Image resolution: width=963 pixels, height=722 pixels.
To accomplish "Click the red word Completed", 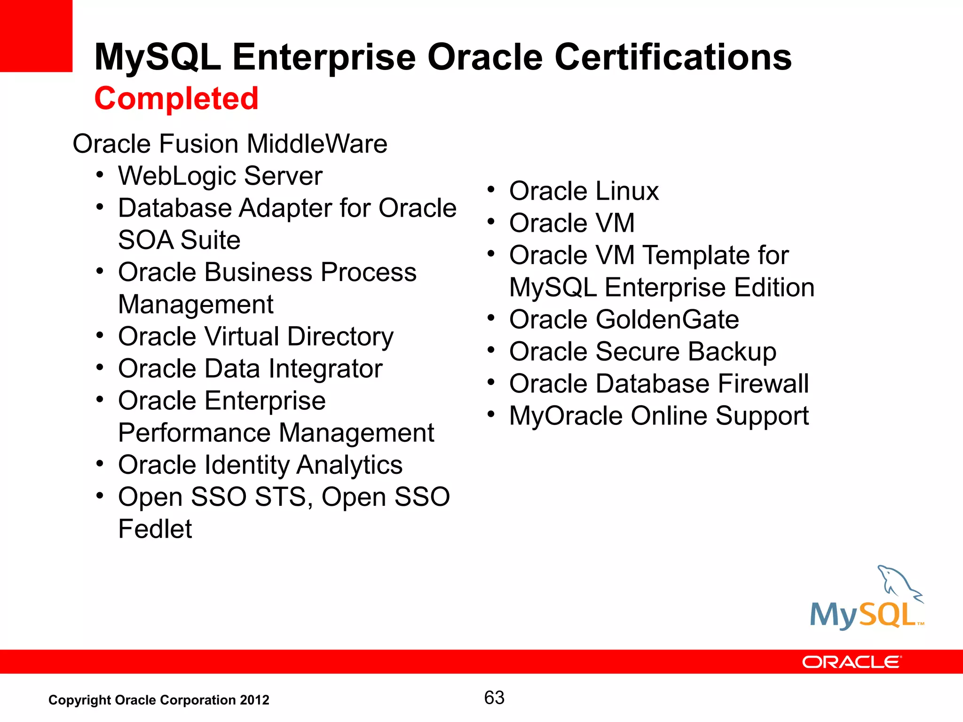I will click(x=176, y=99).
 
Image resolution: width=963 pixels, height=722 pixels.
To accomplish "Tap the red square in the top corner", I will click(x=36, y=36).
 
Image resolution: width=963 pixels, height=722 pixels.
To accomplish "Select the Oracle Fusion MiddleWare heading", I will click(x=229, y=144).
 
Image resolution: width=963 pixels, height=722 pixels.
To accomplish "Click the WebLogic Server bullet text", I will click(x=220, y=176).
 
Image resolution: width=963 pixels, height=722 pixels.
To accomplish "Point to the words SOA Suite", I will click(x=179, y=240).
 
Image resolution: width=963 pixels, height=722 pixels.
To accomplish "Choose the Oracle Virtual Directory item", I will click(x=256, y=337).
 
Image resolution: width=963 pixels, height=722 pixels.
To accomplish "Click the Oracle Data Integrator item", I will click(x=250, y=369).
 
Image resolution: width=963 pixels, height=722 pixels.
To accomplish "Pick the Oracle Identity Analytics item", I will click(x=260, y=465).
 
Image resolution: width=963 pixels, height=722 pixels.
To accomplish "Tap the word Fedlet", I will click(x=155, y=529).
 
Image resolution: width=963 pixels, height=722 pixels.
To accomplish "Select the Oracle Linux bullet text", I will click(x=584, y=191).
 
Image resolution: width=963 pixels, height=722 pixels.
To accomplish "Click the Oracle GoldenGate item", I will click(x=624, y=320).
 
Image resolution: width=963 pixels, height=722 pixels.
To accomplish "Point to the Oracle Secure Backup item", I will click(x=642, y=352).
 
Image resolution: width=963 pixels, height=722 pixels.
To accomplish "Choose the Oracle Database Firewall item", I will click(x=659, y=384).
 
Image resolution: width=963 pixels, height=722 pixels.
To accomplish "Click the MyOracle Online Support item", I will click(x=659, y=416).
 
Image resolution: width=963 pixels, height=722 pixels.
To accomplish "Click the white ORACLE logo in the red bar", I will click(x=851, y=662).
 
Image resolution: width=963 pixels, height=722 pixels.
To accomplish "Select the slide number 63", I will click(x=494, y=698).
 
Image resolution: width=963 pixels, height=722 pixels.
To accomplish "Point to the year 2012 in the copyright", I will click(x=254, y=700).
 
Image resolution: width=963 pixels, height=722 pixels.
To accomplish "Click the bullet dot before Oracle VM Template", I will click(x=491, y=254).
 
